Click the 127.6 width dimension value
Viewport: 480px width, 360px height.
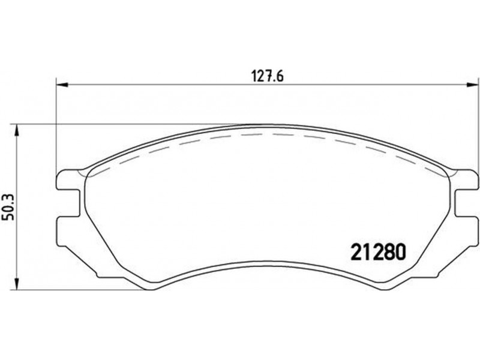(267, 76)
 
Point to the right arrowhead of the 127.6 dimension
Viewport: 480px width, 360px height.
(472, 85)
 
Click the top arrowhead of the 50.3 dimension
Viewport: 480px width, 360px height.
(17, 130)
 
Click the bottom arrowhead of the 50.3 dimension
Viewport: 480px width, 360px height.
(17, 284)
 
